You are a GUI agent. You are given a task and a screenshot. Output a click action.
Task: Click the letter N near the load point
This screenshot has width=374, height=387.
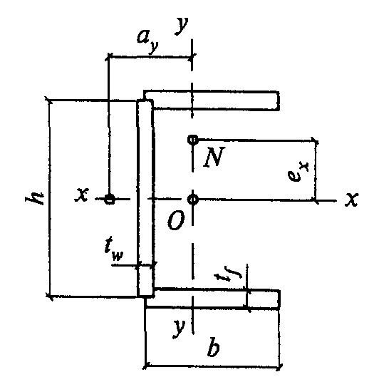(214, 157)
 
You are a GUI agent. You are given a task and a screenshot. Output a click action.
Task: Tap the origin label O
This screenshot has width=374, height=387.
(176, 220)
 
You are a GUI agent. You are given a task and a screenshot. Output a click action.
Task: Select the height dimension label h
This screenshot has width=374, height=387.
(35, 198)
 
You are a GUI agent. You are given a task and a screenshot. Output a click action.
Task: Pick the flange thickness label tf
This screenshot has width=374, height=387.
(228, 273)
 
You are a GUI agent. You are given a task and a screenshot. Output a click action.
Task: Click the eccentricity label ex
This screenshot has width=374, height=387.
(298, 171)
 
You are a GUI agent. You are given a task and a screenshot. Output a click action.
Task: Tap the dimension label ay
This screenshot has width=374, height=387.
(147, 41)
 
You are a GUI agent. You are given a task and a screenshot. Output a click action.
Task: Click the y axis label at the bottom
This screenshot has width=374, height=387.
(179, 328)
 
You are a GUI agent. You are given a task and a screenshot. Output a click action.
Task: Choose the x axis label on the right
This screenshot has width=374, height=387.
(351, 199)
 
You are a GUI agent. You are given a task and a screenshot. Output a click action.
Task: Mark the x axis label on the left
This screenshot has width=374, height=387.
(82, 195)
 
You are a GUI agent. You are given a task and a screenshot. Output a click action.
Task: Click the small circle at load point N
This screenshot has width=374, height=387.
(192, 140)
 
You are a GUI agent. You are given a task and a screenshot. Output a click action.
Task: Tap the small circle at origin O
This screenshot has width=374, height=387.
(192, 199)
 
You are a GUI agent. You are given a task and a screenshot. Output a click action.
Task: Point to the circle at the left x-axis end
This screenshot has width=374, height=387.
(110, 199)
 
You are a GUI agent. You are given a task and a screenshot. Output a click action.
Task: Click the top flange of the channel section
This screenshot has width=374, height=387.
(212, 100)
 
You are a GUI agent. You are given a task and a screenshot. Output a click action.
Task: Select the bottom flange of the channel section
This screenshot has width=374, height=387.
(212, 298)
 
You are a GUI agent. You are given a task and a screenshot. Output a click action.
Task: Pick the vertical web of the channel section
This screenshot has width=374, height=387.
(145, 197)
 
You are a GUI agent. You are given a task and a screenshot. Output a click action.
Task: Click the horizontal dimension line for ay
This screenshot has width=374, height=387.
(150, 57)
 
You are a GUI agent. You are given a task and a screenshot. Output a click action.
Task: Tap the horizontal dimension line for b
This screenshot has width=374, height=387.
(213, 366)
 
